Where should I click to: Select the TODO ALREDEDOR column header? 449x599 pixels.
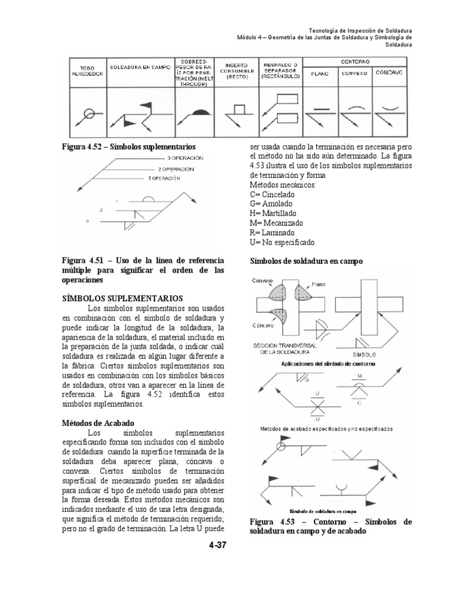(x=88, y=71)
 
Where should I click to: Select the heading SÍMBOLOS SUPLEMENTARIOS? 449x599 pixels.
(x=122, y=298)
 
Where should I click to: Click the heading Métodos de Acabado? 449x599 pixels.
(x=98, y=422)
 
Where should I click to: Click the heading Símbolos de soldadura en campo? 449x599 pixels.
(x=306, y=261)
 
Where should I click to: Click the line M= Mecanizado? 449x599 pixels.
(x=278, y=222)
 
